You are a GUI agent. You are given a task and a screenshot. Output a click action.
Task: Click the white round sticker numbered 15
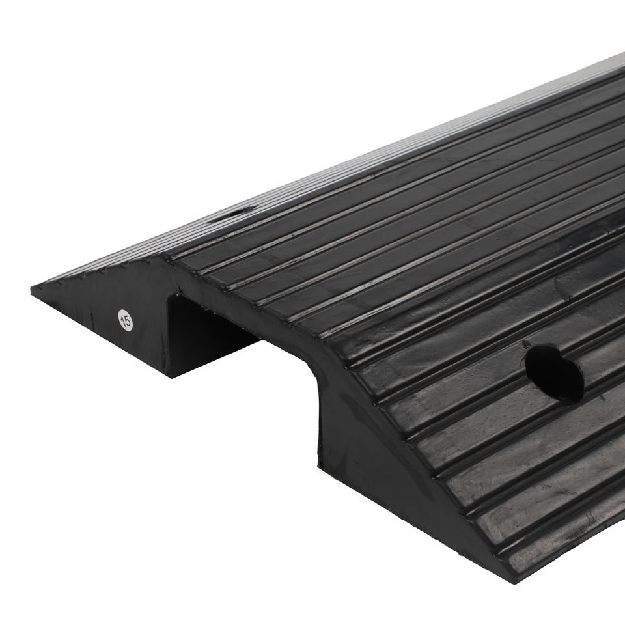(125, 320)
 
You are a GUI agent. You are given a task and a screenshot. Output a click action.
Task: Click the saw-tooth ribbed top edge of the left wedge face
(98, 273)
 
